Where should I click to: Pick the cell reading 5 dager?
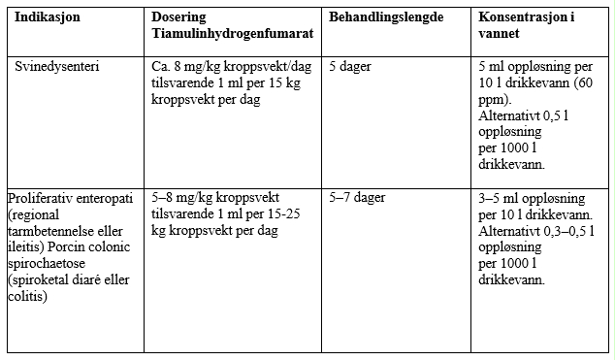pos(351,67)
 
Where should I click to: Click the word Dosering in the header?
pos(178,18)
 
